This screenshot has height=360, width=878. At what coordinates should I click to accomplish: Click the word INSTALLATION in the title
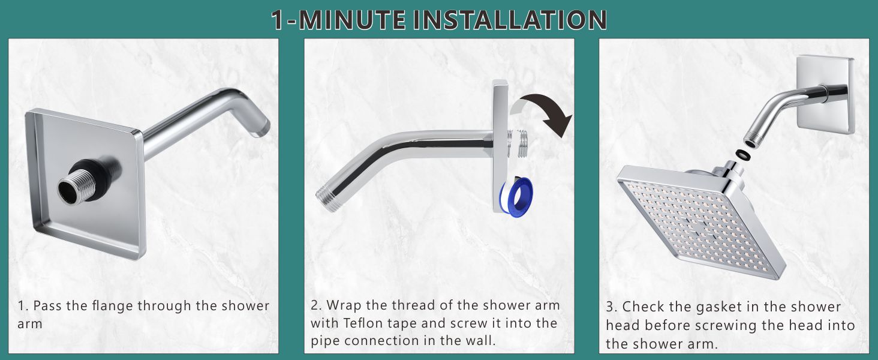(509, 19)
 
